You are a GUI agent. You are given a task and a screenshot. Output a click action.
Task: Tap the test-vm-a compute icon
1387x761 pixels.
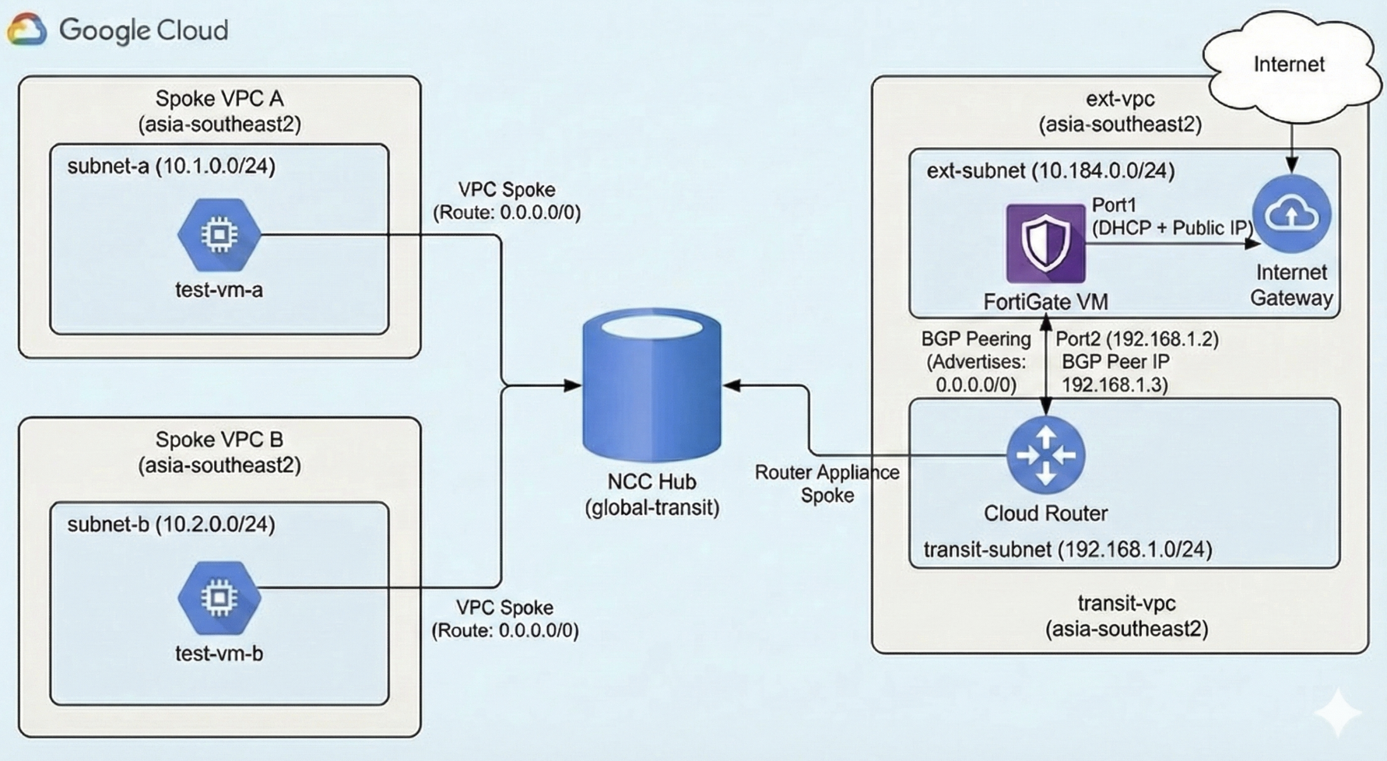click(219, 234)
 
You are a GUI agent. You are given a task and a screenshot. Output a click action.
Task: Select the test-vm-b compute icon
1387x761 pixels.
click(219, 598)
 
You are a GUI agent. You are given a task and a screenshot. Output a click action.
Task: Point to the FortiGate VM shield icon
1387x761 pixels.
click(1045, 244)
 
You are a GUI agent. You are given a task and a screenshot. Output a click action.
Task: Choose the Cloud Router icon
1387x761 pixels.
click(1045, 454)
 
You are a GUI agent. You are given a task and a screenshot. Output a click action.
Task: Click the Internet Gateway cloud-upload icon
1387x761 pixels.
click(1291, 214)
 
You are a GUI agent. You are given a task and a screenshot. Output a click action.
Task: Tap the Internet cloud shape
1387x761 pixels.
click(1288, 64)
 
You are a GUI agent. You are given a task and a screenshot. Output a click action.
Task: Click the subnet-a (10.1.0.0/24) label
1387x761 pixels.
click(171, 166)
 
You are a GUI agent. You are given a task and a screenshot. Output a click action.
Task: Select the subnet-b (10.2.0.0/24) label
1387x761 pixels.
click(171, 524)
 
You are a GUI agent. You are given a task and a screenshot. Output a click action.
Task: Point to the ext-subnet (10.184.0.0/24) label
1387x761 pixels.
click(1050, 170)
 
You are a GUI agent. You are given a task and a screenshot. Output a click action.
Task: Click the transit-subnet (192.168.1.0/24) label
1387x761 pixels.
click(1067, 549)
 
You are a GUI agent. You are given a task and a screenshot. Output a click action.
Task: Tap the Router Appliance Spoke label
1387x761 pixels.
click(827, 483)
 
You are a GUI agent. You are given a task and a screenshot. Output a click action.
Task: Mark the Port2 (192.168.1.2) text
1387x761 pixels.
click(1136, 339)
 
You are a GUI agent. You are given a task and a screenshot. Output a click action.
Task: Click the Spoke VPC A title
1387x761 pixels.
click(219, 99)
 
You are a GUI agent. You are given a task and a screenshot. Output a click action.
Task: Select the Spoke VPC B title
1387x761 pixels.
click(219, 440)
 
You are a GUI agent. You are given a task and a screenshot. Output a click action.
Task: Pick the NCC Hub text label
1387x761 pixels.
click(652, 482)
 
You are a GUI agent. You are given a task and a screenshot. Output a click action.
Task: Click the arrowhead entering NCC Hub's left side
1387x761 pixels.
click(573, 384)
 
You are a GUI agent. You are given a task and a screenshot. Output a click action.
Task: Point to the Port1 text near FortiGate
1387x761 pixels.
click(1114, 205)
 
